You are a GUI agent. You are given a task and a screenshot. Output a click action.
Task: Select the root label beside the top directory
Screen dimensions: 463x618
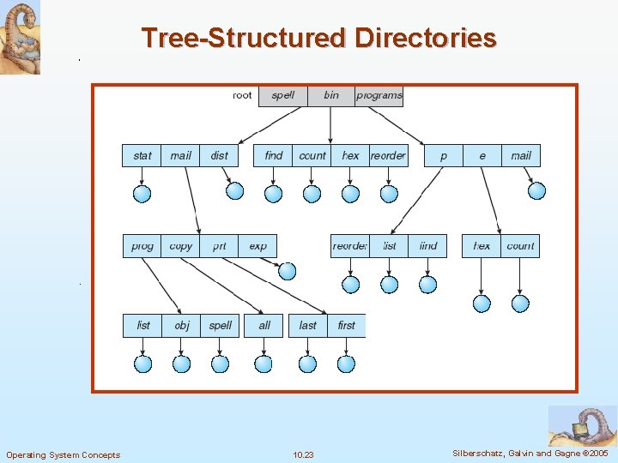click(x=243, y=95)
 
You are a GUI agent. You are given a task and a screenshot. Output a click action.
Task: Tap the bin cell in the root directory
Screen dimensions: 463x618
click(x=331, y=95)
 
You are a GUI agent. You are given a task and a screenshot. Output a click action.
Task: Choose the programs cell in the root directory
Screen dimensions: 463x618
click(x=379, y=95)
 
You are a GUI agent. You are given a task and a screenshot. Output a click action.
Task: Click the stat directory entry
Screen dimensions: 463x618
click(x=142, y=155)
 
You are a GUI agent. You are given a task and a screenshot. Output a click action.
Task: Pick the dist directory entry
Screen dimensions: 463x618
click(x=220, y=155)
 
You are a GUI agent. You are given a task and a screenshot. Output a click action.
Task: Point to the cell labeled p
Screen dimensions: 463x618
click(x=444, y=155)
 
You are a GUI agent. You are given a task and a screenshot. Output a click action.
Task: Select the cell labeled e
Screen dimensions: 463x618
click(x=482, y=155)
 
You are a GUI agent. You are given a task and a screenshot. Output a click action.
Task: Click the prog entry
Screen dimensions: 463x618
click(x=142, y=246)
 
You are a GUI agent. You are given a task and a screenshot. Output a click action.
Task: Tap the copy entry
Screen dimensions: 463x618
click(x=181, y=246)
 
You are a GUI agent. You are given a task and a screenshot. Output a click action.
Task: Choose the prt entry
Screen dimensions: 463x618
click(x=220, y=246)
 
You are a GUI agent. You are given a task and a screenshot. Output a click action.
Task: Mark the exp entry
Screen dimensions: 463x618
click(x=258, y=246)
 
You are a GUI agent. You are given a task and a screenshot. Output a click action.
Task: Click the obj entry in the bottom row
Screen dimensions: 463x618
click(x=182, y=326)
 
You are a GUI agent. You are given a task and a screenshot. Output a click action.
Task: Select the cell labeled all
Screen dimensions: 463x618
click(x=264, y=326)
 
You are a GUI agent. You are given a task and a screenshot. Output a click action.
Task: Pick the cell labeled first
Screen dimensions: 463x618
click(x=347, y=326)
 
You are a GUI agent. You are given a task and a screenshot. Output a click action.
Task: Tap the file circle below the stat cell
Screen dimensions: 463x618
click(x=142, y=194)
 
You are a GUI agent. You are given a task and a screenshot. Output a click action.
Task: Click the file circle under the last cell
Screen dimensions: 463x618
click(x=308, y=364)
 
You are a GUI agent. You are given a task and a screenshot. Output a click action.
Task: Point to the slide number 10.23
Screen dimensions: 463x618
click(x=303, y=454)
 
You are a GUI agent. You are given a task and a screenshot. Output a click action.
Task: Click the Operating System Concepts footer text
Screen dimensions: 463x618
click(x=63, y=454)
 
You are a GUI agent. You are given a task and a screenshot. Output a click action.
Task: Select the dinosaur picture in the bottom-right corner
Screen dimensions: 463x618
click(x=582, y=425)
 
